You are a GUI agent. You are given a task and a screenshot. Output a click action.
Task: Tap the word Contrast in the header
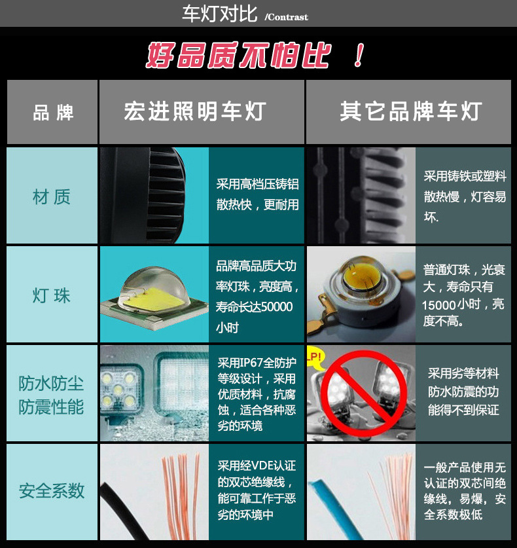[x=287, y=17]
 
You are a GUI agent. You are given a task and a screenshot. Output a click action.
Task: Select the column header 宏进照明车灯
[x=194, y=111]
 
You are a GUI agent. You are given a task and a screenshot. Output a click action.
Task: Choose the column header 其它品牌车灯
[x=410, y=111]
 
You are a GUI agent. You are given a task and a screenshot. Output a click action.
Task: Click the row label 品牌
[x=52, y=112]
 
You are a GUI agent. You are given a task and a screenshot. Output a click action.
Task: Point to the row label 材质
[x=51, y=196]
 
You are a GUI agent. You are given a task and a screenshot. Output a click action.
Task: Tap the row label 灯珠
[x=51, y=295]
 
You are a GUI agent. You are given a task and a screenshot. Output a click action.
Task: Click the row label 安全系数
[x=51, y=491]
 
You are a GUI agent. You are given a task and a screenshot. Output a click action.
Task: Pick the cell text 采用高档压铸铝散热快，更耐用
[x=257, y=194]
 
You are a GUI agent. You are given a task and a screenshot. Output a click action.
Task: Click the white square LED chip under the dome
[x=154, y=297]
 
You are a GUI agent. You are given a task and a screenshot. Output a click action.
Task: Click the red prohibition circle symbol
[x=347, y=388]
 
